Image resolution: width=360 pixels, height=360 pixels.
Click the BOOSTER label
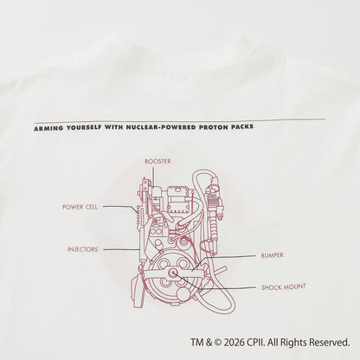pyautogui.click(x=157, y=161)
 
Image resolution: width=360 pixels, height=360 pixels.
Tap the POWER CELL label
pyautogui.click(x=80, y=207)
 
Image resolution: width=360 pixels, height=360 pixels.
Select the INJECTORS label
pyautogui.click(x=82, y=249)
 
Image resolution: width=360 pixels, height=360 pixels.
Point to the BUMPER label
pyautogui.click(x=272, y=255)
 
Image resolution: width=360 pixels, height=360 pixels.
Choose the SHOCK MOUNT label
pyautogui.click(x=283, y=287)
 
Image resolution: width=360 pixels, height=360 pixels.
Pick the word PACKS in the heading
pyautogui.click(x=241, y=126)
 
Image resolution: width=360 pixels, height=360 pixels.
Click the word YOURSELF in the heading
pyautogui.click(x=84, y=128)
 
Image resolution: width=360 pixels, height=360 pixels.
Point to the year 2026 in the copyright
pyautogui.click(x=234, y=343)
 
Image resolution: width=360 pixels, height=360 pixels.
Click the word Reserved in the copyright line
pyautogui.click(x=330, y=343)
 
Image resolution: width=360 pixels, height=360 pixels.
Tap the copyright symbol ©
pyautogui.click(x=218, y=343)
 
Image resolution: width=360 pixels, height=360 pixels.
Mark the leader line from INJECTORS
pyautogui.click(x=121, y=249)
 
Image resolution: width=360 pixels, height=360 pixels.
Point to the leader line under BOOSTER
pyautogui.click(x=153, y=177)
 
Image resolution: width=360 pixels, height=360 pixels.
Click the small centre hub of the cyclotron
pyautogui.click(x=174, y=273)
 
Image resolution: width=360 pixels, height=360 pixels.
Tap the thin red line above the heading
pyautogui.click(x=180, y=120)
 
